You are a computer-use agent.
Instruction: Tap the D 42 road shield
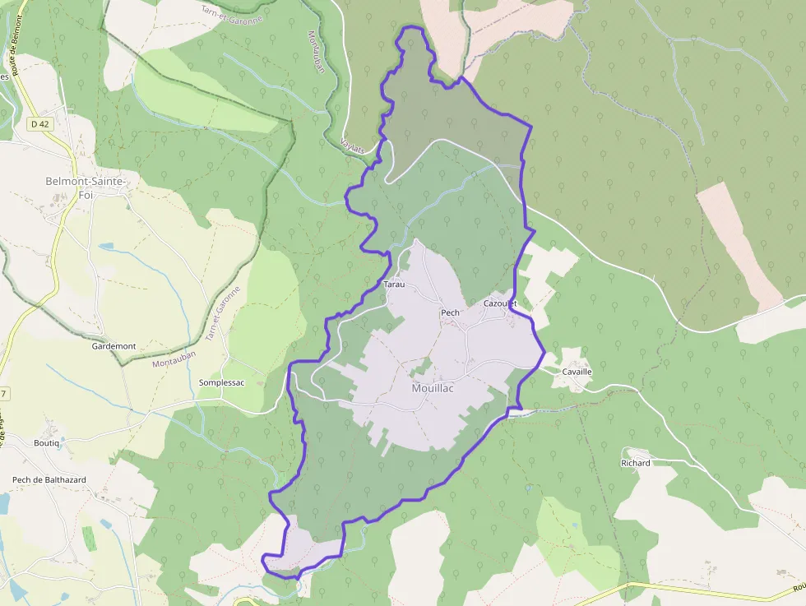click(38, 124)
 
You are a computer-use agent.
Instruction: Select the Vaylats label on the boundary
click(353, 145)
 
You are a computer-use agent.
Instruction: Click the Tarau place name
click(394, 284)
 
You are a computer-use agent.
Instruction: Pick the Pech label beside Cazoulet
click(450, 312)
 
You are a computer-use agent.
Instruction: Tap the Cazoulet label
click(499, 303)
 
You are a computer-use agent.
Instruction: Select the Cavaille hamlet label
click(577, 372)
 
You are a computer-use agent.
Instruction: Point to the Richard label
click(635, 463)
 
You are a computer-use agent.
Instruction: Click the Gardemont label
click(113, 346)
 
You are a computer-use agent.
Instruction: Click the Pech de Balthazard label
click(49, 479)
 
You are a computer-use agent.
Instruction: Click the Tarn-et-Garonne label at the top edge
click(232, 13)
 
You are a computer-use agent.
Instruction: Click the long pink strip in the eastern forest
click(739, 246)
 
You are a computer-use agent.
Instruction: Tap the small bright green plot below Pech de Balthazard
click(88, 538)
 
